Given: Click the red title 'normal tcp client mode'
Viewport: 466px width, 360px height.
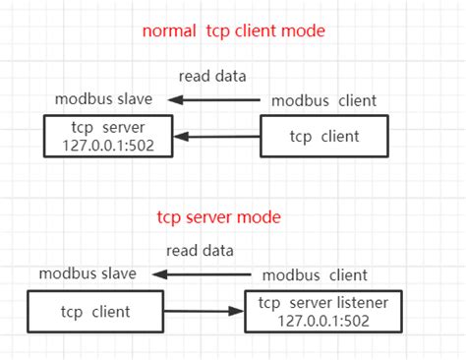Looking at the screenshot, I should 233,30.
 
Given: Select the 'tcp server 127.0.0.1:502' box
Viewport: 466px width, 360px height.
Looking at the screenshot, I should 108,137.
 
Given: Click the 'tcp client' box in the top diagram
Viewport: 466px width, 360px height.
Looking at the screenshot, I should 324,136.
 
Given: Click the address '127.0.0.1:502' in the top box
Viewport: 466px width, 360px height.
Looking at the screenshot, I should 108,146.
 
